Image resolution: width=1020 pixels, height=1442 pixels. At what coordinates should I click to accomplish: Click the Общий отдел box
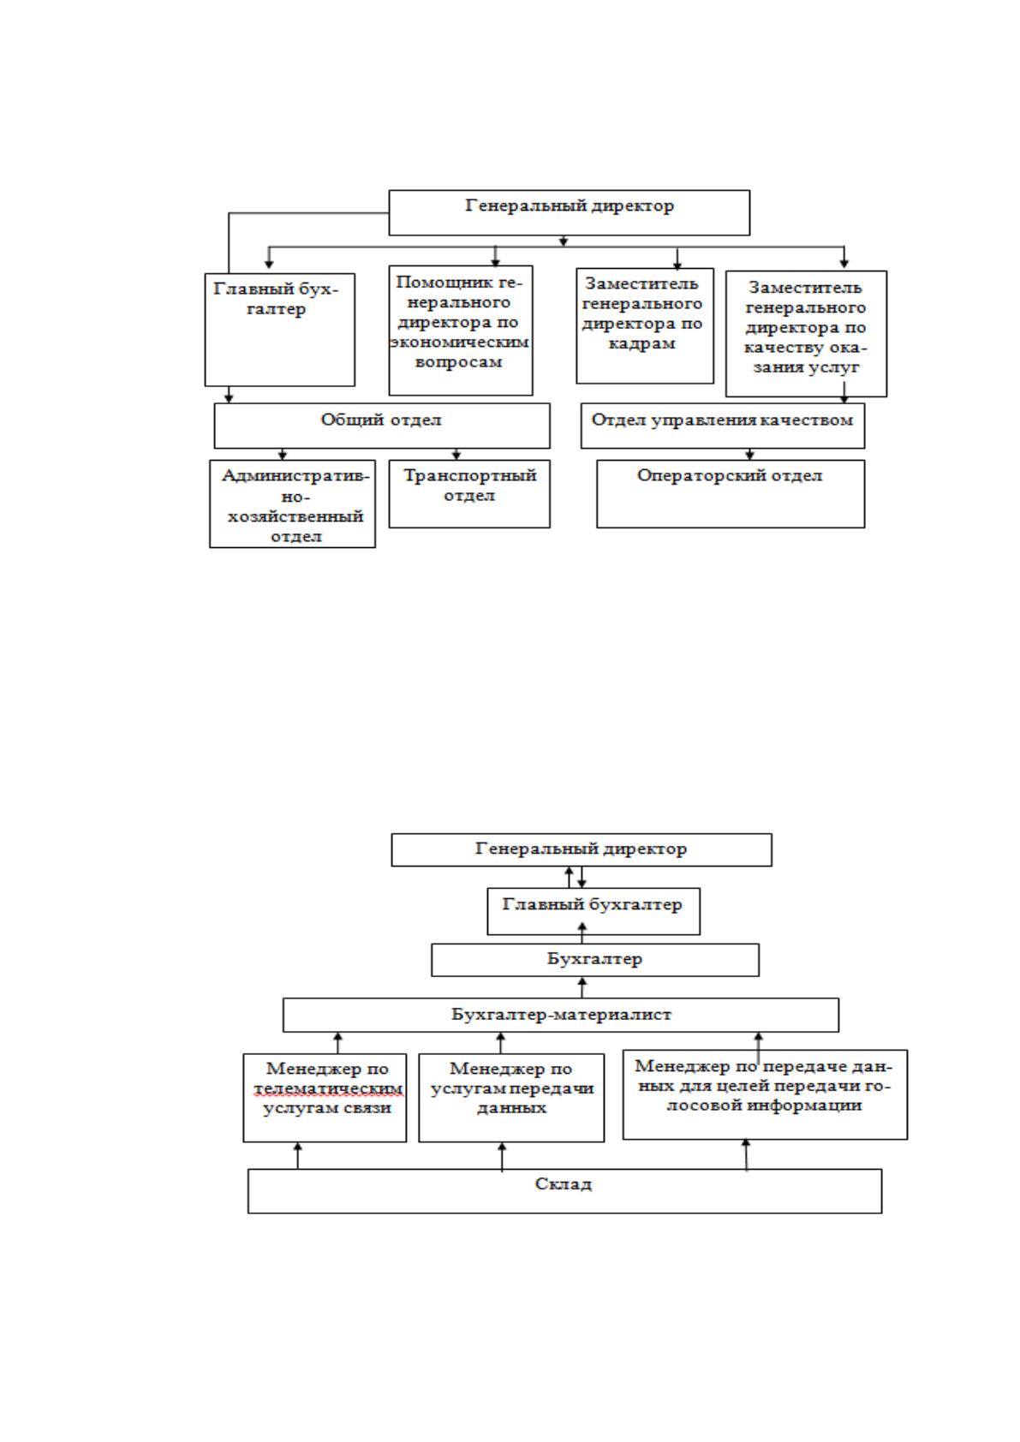382,426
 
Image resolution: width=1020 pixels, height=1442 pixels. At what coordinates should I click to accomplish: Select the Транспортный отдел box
469,494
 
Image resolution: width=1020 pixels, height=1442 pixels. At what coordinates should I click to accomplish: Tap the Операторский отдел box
731,494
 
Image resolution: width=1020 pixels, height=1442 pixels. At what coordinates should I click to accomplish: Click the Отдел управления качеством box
723,426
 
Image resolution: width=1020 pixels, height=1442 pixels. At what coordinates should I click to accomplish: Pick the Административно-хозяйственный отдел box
292,504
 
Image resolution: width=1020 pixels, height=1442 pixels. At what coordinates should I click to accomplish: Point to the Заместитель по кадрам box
645,325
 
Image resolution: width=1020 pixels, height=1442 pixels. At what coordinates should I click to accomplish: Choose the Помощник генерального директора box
461,331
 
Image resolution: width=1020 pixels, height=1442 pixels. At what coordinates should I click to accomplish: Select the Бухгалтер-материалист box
561,1016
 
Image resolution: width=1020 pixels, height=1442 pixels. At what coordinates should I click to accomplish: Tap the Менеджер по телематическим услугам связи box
325,1098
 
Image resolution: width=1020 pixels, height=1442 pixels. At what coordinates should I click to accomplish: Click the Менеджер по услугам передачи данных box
511,1098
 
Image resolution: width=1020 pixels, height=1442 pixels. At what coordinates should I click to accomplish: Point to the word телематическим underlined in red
328,1088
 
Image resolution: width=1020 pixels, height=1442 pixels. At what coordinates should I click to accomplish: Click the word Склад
564,1184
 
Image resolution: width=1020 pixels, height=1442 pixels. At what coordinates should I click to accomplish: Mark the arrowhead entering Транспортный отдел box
456,456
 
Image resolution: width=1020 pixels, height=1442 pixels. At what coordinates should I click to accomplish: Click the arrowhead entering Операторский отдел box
749,456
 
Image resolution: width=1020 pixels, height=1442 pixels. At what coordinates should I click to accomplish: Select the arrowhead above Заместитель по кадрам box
677,264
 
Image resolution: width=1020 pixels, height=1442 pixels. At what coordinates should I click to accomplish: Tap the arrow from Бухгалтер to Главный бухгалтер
582,933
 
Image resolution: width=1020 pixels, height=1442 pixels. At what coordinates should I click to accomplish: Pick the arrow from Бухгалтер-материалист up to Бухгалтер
582,987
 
